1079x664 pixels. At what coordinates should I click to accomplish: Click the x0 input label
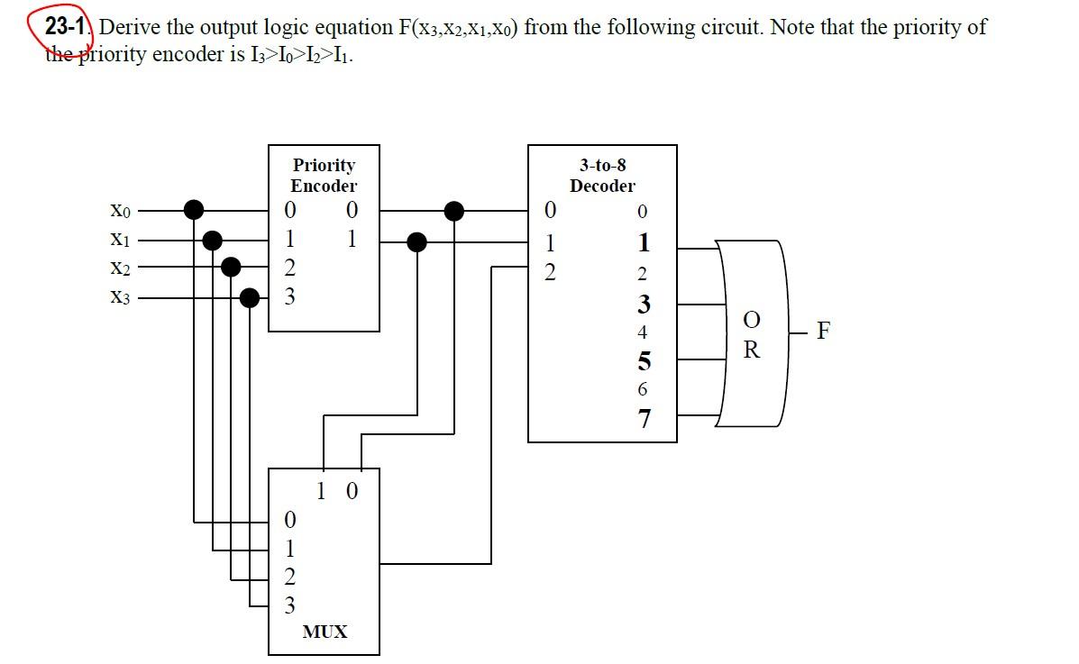point(120,212)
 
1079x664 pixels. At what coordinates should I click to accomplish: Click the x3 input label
point(120,297)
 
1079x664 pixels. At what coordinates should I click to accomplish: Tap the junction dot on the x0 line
point(194,210)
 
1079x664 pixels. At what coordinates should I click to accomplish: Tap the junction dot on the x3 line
point(251,296)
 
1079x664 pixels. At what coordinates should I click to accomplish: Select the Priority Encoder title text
point(324,176)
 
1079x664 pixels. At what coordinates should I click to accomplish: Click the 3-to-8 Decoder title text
point(602,176)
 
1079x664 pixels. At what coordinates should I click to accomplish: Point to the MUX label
point(325,632)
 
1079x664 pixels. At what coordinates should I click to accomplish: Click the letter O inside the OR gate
point(751,320)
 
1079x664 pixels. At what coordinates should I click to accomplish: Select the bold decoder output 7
point(643,419)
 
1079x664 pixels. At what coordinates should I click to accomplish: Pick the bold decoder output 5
point(643,361)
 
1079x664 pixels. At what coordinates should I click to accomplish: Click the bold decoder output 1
point(643,242)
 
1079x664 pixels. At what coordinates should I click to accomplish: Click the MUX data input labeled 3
point(288,605)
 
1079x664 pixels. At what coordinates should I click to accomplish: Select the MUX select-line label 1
point(322,492)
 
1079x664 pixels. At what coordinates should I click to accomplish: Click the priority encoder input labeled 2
point(288,268)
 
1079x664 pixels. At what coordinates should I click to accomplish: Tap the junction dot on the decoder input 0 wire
point(454,211)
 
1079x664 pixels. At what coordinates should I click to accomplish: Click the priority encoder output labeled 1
point(352,240)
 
